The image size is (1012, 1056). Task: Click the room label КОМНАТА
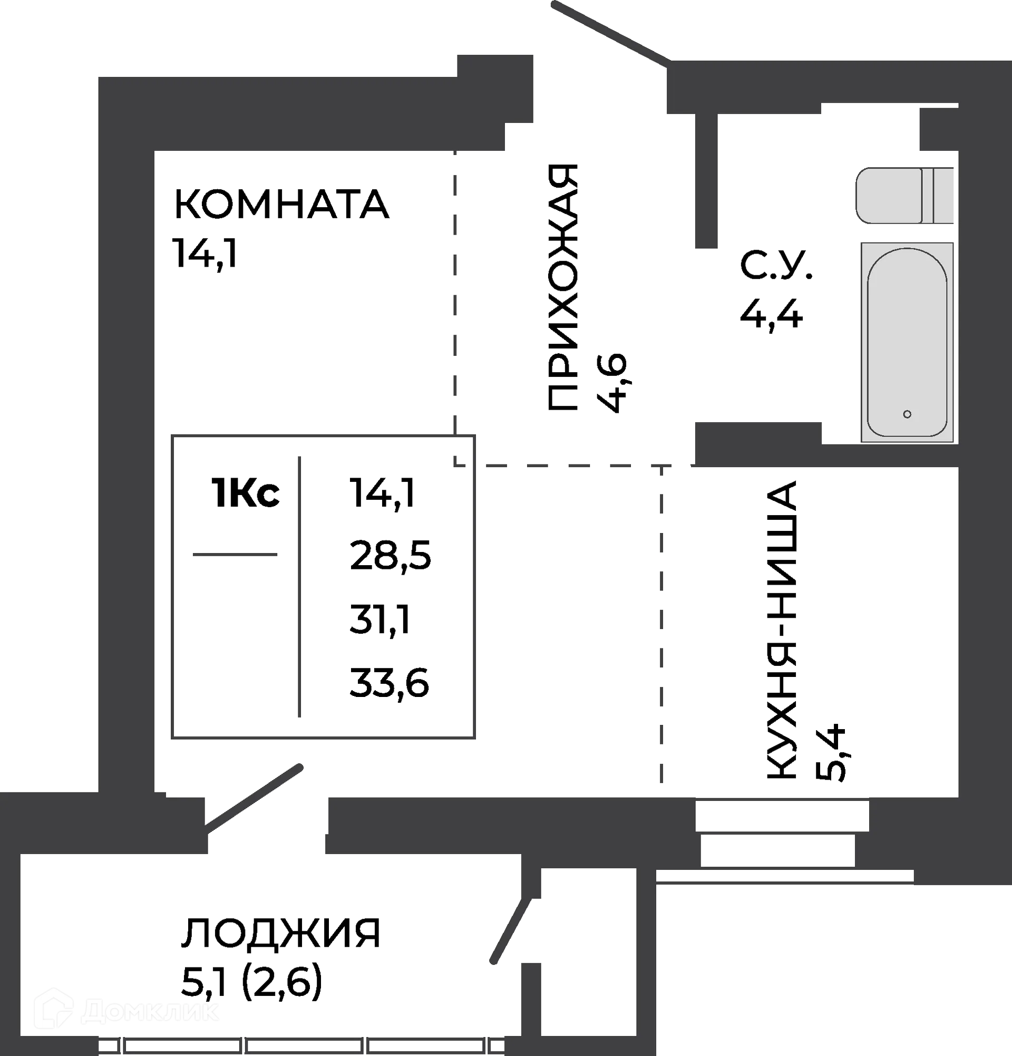(280, 203)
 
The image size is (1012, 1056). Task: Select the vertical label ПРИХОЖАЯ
(563, 289)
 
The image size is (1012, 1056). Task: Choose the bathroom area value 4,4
(771, 314)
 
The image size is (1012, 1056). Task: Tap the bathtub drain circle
(908, 414)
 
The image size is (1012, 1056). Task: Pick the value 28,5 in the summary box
(391, 557)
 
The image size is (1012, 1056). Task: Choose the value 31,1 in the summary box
(380, 619)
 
